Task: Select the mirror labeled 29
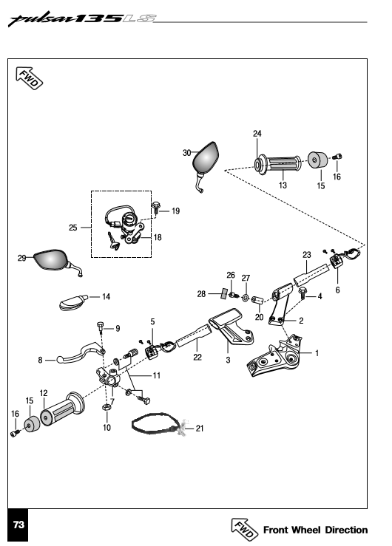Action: pos(53,260)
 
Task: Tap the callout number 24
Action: pos(257,134)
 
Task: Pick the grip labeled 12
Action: pos(62,409)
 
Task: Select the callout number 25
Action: pos(72,228)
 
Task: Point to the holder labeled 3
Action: pos(231,326)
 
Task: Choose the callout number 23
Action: pos(307,255)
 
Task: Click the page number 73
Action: pos(18,525)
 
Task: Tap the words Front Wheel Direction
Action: pos(315,530)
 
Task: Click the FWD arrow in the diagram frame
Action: pos(30,78)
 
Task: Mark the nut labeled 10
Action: pos(107,407)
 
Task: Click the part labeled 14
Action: pos(73,302)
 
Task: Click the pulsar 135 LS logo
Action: pos(82,18)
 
